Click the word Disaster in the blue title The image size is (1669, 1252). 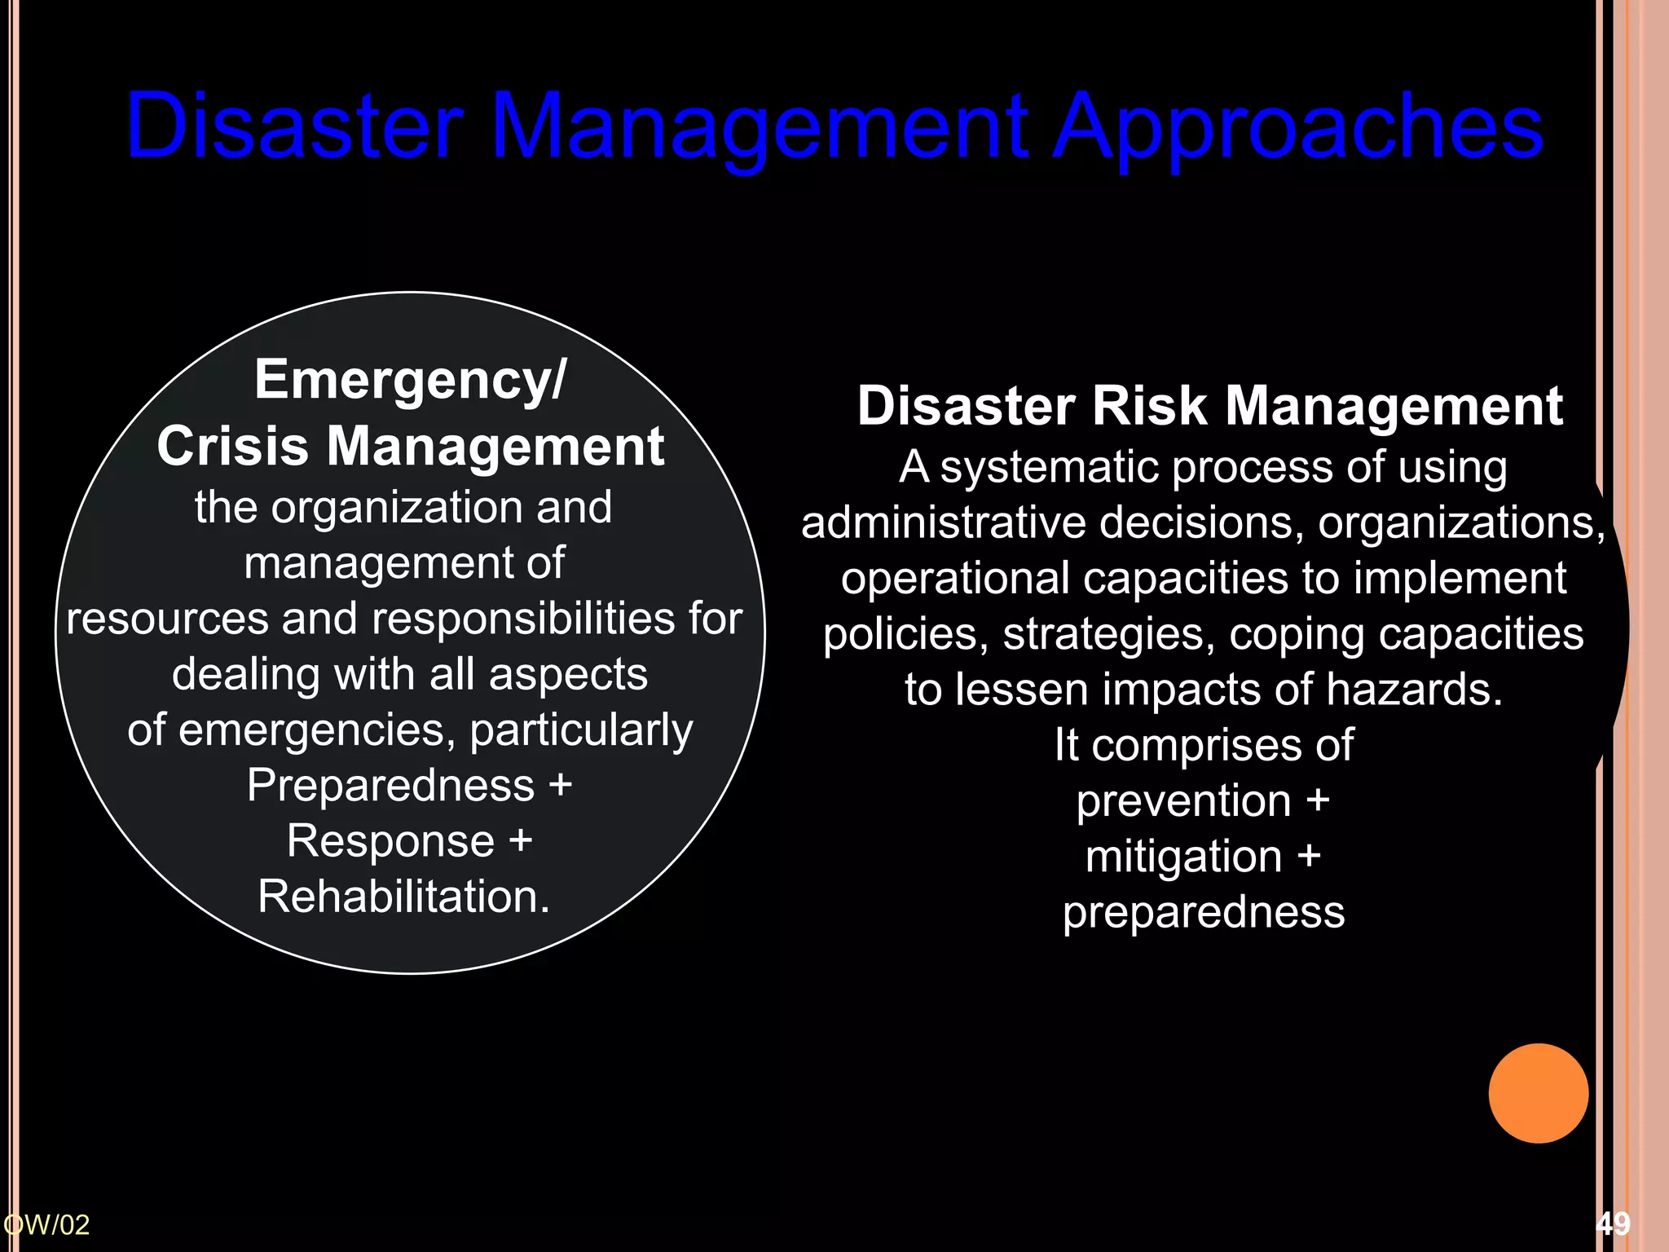tap(295, 126)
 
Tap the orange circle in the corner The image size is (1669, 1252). tap(1538, 1093)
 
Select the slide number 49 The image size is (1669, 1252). tap(1613, 1223)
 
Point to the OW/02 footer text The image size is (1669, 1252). tap(46, 1224)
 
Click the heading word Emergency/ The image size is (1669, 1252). tap(409, 380)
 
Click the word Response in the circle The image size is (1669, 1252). tap(390, 840)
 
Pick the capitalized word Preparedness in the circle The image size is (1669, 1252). tap(390, 785)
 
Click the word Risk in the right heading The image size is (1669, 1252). tap(1148, 406)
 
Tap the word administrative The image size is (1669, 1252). tap(943, 522)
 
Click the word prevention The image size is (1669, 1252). tap(1183, 800)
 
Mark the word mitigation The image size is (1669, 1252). tap(1183, 857)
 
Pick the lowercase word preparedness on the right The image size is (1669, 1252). tap(1203, 913)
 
